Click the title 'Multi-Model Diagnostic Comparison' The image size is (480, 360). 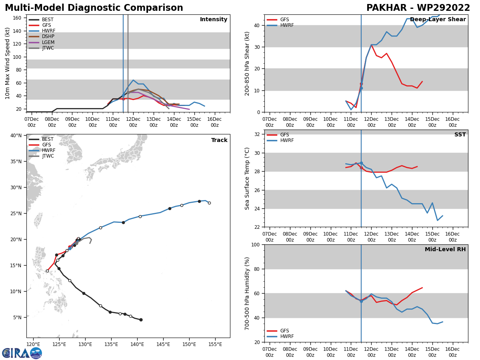coord(94,8)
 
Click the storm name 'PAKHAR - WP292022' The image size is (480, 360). coord(418,8)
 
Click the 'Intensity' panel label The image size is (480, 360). coord(214,20)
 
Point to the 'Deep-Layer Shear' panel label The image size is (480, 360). coord(438,20)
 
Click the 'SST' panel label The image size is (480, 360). coord(460,135)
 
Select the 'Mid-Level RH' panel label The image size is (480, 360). coord(445,250)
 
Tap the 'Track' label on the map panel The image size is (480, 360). coord(219,140)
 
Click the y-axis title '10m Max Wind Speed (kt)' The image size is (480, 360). coord(8,63)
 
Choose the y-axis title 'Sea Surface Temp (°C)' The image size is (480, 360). coord(247,178)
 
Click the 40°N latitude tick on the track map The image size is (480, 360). coord(16,136)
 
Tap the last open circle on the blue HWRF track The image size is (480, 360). coord(209,203)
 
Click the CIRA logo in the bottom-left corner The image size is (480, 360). coord(22,353)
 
